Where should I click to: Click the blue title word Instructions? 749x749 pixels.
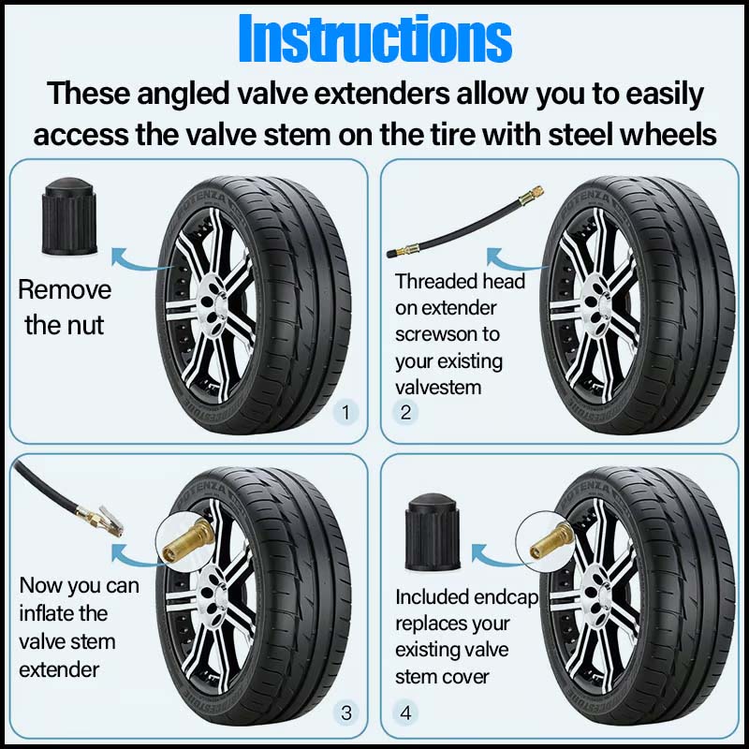point(374,39)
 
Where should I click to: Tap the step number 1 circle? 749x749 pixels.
point(346,412)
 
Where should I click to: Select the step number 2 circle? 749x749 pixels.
point(405,412)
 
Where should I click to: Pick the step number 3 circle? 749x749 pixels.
point(346,713)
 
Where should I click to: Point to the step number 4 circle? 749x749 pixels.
point(405,713)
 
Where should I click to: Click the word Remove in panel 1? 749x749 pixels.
point(65,289)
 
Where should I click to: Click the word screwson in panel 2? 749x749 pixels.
point(434,334)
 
